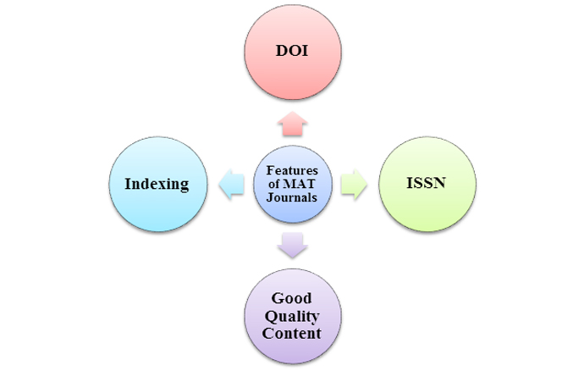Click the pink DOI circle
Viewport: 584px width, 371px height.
[293, 53]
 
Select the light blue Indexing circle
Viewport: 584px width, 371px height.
[158, 184]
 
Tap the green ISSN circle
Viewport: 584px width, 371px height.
[427, 184]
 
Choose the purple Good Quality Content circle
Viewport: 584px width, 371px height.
[293, 316]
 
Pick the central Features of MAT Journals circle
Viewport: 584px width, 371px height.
[293, 184]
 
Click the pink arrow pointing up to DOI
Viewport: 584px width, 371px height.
[293, 124]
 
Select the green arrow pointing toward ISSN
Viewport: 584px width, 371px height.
[354, 184]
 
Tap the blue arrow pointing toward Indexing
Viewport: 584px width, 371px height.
[231, 184]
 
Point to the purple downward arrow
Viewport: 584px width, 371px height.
[293, 245]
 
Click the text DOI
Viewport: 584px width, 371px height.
[292, 51]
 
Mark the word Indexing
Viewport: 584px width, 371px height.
[157, 184]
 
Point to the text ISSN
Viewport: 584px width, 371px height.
[426, 183]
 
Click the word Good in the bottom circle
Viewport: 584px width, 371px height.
[291, 298]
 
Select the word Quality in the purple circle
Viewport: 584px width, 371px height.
[292, 317]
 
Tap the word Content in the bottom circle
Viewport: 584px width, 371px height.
[291, 333]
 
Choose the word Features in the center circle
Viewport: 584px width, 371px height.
[292, 170]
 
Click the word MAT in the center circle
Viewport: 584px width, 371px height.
[299, 184]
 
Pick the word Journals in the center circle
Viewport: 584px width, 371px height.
[292, 197]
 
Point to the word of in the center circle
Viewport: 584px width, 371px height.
[273, 184]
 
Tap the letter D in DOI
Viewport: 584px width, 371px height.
[282, 51]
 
